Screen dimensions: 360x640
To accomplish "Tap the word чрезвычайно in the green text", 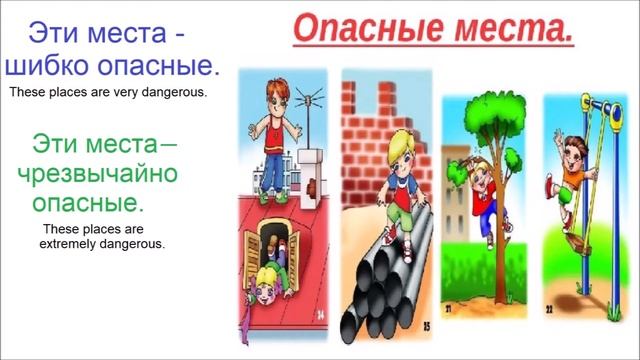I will (97, 173).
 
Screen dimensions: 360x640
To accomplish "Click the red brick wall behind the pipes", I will (375, 110).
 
